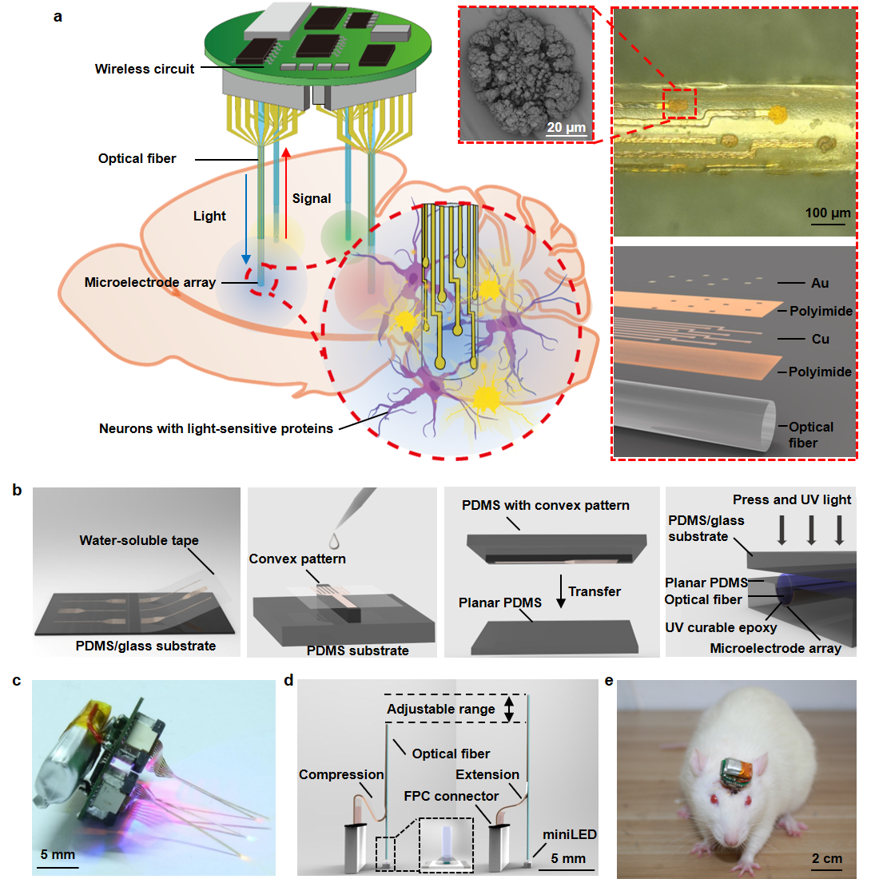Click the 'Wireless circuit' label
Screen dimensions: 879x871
coord(144,69)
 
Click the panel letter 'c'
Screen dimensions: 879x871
coord(18,681)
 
